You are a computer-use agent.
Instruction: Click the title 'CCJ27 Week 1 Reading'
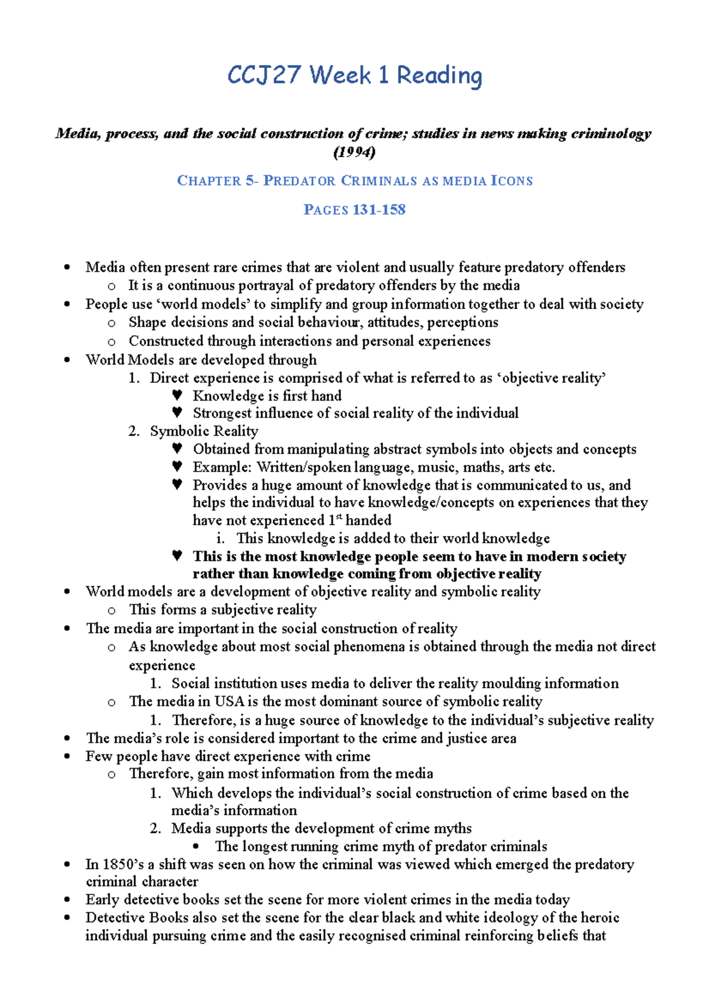tap(354, 76)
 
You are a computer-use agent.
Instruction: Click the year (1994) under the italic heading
tap(354, 152)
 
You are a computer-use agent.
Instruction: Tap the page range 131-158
tap(379, 210)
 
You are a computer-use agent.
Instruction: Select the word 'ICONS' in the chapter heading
tap(512, 181)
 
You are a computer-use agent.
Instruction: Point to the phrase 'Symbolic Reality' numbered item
tap(204, 431)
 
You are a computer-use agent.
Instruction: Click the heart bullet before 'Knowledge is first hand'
tap(177, 395)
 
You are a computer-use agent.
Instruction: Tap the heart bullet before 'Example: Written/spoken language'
tap(177, 467)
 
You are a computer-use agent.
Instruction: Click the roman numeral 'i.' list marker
tap(220, 538)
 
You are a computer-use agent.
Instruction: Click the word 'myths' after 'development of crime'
tap(452, 828)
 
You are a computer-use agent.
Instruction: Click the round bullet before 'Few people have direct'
tap(67, 757)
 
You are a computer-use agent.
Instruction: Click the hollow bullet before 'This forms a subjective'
tap(111, 610)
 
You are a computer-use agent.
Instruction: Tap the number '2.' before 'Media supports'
tap(155, 828)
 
